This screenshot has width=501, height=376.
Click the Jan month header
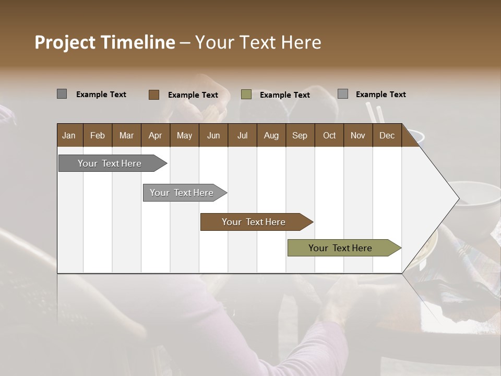(x=69, y=135)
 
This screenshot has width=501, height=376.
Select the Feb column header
(x=98, y=135)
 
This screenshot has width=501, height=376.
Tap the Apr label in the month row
(x=155, y=135)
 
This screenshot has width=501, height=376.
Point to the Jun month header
(x=213, y=135)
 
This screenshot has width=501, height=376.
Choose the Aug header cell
(x=271, y=135)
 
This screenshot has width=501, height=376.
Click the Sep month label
(x=300, y=135)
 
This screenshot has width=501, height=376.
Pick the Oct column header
(x=329, y=135)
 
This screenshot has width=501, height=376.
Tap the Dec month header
(x=387, y=135)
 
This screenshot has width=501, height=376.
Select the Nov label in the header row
(x=358, y=135)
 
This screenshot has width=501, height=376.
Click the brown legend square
(x=153, y=95)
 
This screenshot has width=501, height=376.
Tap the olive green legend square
(x=246, y=95)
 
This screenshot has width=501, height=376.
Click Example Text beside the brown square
(x=193, y=95)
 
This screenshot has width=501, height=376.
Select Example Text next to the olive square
(x=284, y=95)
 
